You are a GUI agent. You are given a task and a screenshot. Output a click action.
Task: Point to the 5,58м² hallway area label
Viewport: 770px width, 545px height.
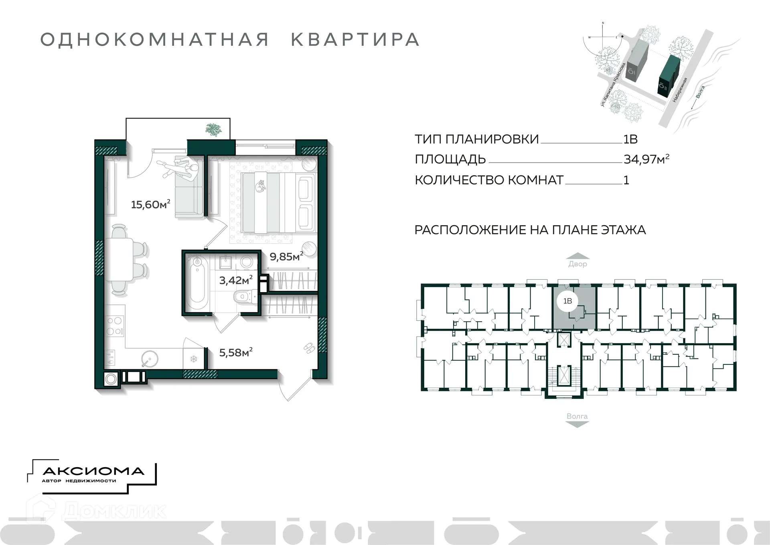[235, 352]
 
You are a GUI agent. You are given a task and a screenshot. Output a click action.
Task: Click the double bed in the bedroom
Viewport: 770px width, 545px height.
[277, 202]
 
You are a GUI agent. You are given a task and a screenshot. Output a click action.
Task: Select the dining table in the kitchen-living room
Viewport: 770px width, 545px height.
[122, 260]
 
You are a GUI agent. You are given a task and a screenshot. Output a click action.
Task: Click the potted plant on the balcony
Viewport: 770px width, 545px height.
[213, 130]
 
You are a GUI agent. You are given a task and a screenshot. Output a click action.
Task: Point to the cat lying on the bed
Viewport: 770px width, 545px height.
[261, 186]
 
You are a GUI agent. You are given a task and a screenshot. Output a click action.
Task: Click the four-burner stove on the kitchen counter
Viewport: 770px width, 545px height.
[115, 326]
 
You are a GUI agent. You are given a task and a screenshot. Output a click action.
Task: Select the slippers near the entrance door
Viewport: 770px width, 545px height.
[308, 348]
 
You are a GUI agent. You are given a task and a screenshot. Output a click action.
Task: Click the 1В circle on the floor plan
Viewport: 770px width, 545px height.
[567, 301]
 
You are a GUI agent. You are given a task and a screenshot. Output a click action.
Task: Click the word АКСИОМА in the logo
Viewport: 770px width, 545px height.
[93, 471]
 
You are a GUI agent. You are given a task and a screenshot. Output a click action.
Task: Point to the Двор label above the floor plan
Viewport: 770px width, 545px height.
[577, 264]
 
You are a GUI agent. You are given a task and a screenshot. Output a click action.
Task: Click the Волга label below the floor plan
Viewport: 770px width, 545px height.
[577, 416]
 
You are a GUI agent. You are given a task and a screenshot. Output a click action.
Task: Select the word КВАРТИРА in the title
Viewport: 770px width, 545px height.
[355, 40]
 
